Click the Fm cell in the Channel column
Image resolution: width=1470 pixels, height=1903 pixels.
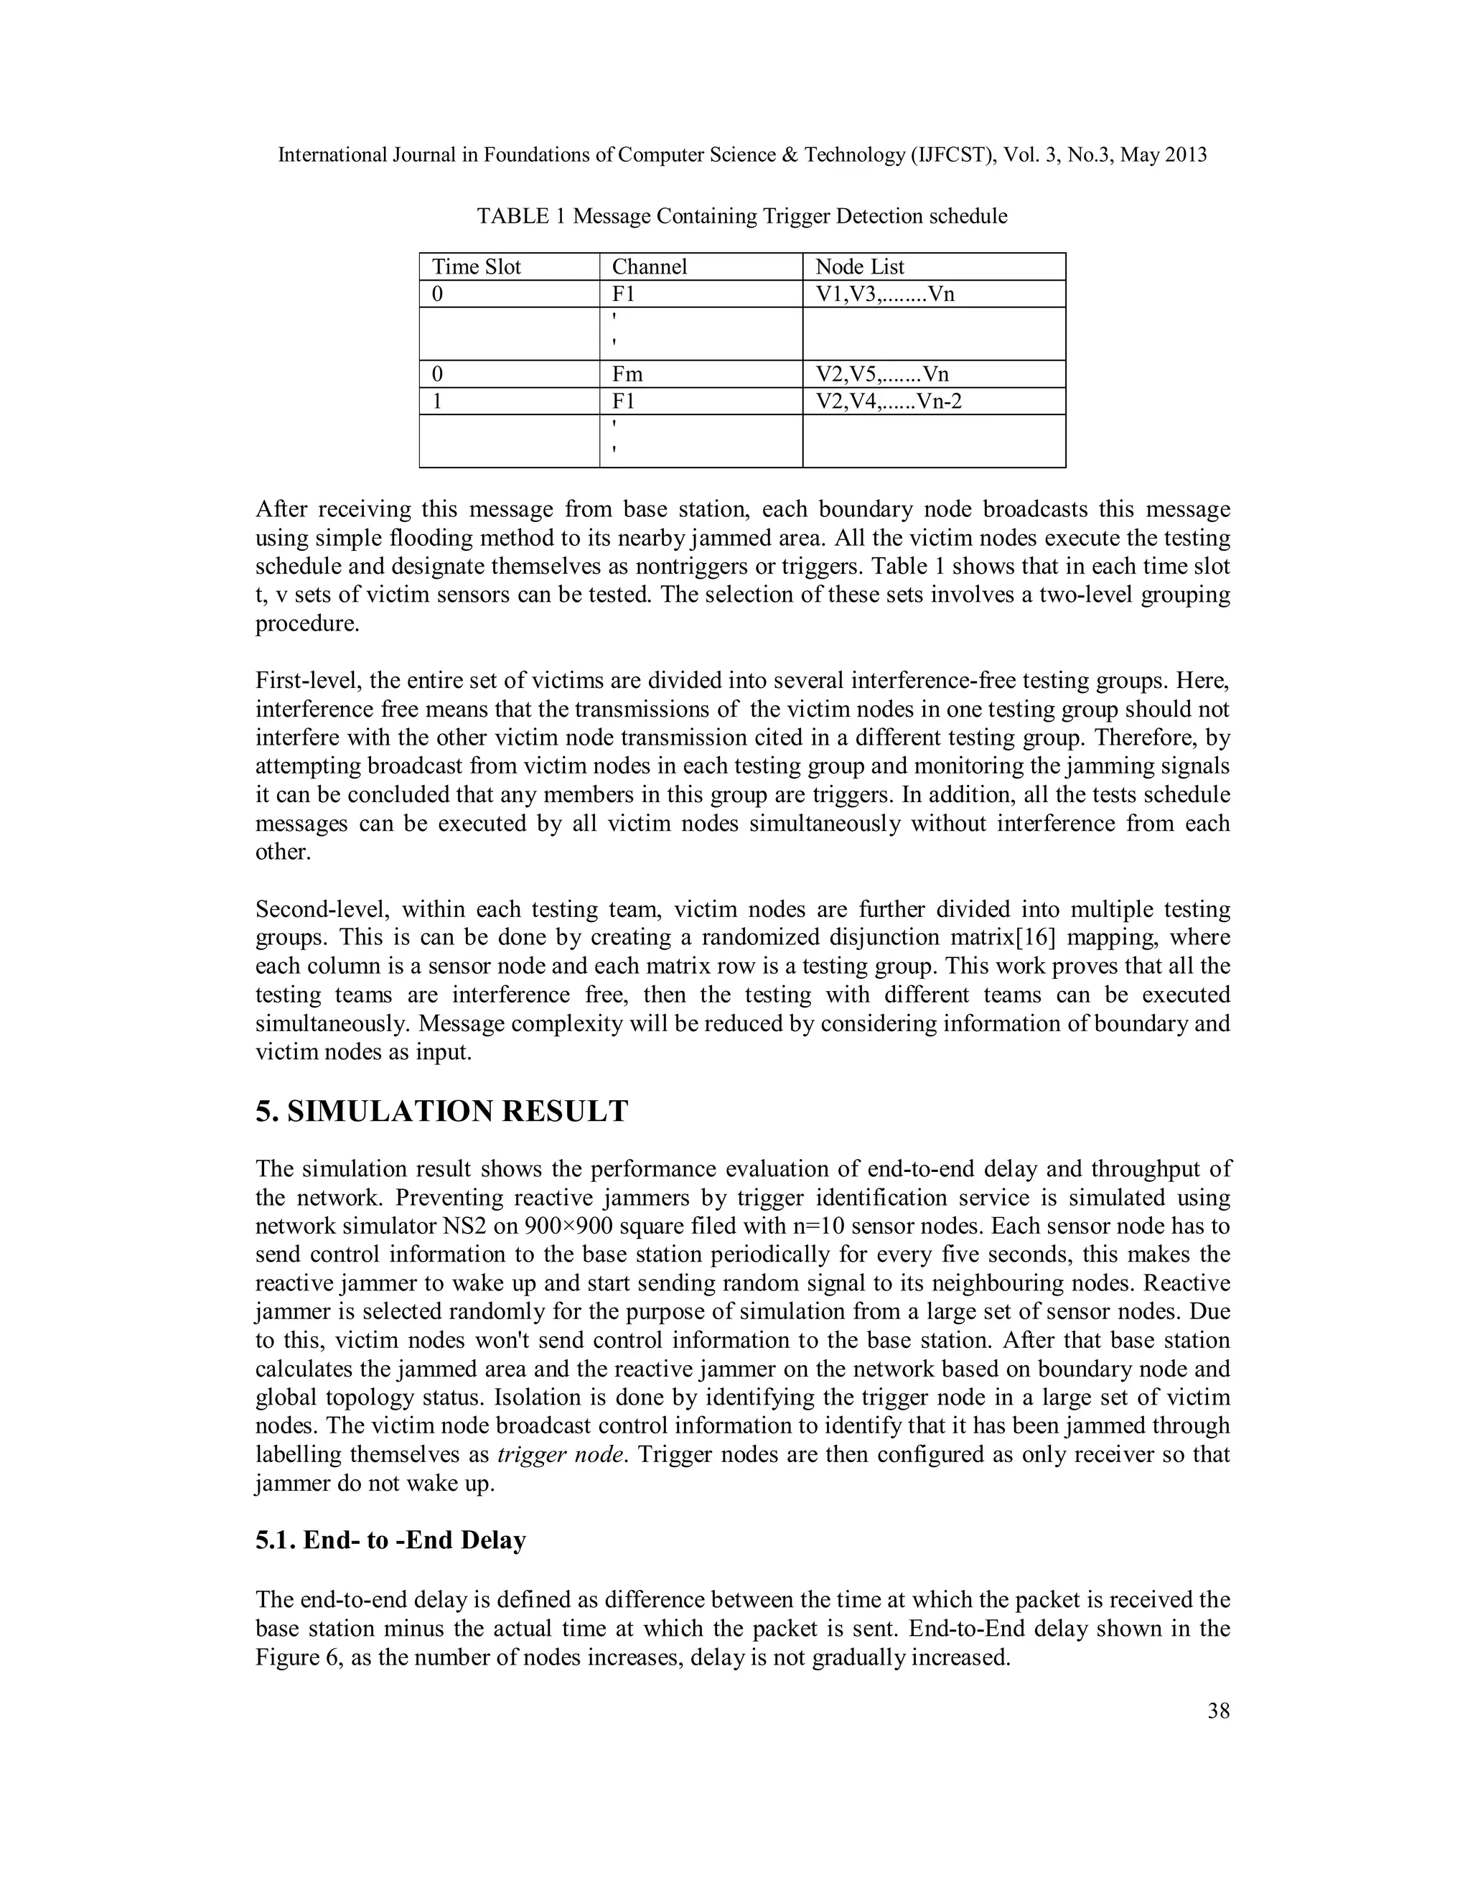(x=627, y=375)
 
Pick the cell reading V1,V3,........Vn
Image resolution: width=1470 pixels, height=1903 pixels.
(x=885, y=294)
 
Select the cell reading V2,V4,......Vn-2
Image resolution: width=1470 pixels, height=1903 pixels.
(x=889, y=401)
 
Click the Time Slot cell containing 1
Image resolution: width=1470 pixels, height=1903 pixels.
(x=437, y=401)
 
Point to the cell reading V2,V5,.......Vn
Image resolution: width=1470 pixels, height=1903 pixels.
(x=882, y=375)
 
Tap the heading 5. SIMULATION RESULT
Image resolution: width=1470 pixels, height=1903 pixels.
(x=441, y=1112)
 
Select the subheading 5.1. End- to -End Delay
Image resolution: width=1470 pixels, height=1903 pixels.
(x=390, y=1540)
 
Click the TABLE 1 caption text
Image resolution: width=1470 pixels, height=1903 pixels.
(x=742, y=216)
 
